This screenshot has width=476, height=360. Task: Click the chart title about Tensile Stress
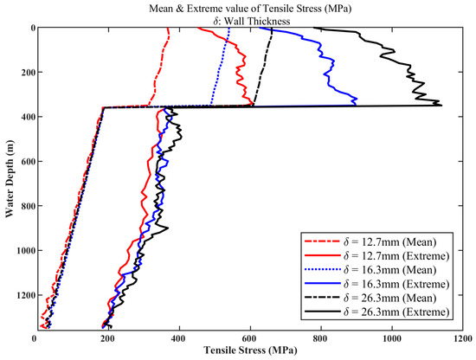coord(250,9)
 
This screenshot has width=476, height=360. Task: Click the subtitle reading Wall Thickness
coord(250,22)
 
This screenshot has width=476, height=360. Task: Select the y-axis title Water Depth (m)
coord(10,178)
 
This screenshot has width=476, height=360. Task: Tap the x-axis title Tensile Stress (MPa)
coord(250,350)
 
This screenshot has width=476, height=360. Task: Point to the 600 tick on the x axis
coord(250,338)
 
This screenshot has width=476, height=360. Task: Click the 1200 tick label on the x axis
coord(463,338)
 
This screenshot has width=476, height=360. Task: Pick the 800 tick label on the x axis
coord(321,338)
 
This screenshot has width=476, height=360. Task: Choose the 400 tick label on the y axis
coord(28,117)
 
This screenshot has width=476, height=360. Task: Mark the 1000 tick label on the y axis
coord(24,250)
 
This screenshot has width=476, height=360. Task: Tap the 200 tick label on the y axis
coord(28,72)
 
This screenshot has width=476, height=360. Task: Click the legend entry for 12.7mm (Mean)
coord(370,242)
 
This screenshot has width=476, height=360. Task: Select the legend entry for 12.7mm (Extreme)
coord(376,256)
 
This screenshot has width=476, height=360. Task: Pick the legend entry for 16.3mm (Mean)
coord(370,270)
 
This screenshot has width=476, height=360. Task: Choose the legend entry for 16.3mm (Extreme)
coord(376,284)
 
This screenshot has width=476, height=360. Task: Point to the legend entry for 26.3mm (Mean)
coord(370,298)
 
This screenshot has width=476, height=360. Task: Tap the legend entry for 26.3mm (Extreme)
coord(376,312)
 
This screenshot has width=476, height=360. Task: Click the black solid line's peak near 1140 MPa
coord(441,106)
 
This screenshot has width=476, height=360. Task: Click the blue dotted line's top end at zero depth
coord(229,28)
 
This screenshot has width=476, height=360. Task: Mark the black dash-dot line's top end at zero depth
coord(272,28)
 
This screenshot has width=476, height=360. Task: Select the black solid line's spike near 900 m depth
coord(168,228)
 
